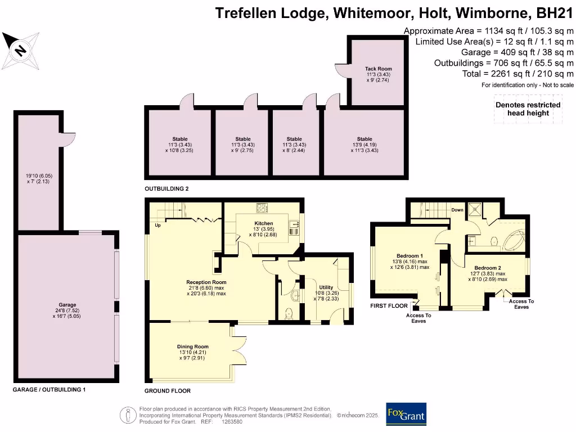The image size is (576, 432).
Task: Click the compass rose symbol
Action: [21, 50]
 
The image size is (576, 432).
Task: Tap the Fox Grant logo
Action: [406, 414]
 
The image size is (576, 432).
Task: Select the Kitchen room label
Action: [248, 223]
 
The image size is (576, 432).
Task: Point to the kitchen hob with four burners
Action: [263, 208]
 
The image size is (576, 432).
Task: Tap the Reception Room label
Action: [206, 282]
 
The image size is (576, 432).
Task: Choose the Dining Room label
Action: [193, 347]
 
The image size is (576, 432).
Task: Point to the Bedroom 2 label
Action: [487, 268]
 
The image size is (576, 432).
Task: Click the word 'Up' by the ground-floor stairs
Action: [159, 225]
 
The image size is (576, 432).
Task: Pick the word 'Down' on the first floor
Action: [457, 210]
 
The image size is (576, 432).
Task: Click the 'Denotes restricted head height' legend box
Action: [527, 109]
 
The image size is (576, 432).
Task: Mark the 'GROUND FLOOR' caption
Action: [168, 391]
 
